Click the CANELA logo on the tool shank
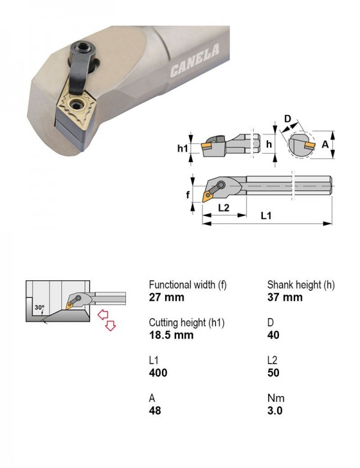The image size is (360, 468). (195, 61)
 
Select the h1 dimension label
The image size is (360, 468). (182, 148)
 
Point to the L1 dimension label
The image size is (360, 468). (266, 215)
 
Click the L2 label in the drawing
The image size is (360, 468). (224, 208)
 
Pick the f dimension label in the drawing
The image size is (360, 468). (188, 195)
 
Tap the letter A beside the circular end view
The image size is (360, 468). (325, 145)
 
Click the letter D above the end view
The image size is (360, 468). (287, 119)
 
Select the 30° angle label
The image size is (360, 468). (40, 307)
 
